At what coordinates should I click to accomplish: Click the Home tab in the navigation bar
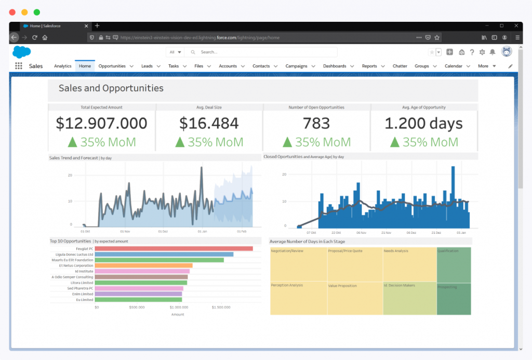point(85,66)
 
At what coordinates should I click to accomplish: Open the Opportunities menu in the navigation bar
point(112,66)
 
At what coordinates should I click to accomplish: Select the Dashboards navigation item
point(335,66)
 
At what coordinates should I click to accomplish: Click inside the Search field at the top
point(260,52)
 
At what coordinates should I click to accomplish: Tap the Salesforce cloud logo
point(22,52)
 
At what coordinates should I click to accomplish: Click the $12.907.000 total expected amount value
point(102,123)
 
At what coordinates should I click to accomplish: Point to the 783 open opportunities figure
point(316,123)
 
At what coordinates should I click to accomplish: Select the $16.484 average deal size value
point(209,123)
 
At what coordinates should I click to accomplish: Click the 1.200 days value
point(423,124)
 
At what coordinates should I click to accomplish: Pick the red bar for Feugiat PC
point(174,249)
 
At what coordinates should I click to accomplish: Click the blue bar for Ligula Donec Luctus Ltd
point(164,255)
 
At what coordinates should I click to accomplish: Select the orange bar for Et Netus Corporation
point(144,265)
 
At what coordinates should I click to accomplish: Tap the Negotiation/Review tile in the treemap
point(298,264)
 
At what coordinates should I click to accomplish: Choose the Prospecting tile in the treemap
point(454,299)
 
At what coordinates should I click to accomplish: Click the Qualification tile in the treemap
point(454,264)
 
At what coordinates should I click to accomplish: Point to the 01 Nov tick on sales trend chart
point(125,231)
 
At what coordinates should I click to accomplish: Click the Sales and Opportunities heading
point(111,88)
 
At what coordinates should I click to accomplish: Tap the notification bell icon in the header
point(493,52)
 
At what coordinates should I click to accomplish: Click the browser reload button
point(35,37)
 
